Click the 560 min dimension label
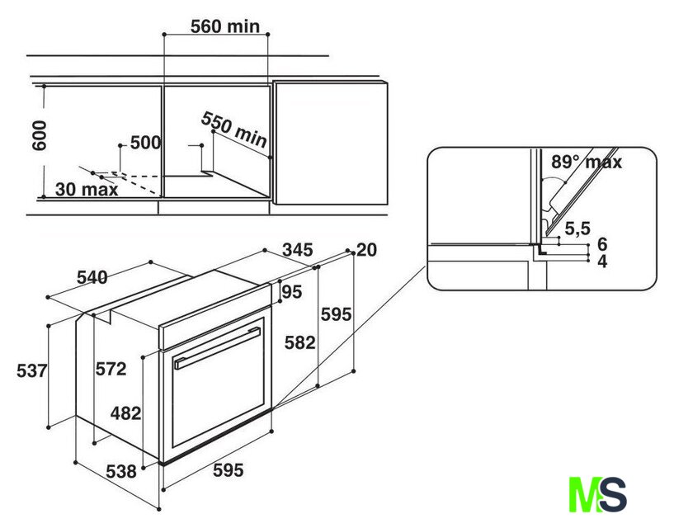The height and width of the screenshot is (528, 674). [225, 26]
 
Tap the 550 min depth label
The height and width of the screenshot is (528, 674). [234, 130]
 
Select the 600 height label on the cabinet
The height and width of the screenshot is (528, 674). [39, 135]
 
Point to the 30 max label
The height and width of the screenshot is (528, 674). [87, 189]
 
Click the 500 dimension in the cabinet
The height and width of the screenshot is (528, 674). [145, 143]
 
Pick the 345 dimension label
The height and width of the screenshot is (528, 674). [298, 250]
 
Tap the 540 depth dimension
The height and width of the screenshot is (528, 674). [92, 277]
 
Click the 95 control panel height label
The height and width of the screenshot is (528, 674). [292, 292]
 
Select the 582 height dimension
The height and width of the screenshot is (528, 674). [300, 342]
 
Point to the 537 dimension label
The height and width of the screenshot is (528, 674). [32, 370]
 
